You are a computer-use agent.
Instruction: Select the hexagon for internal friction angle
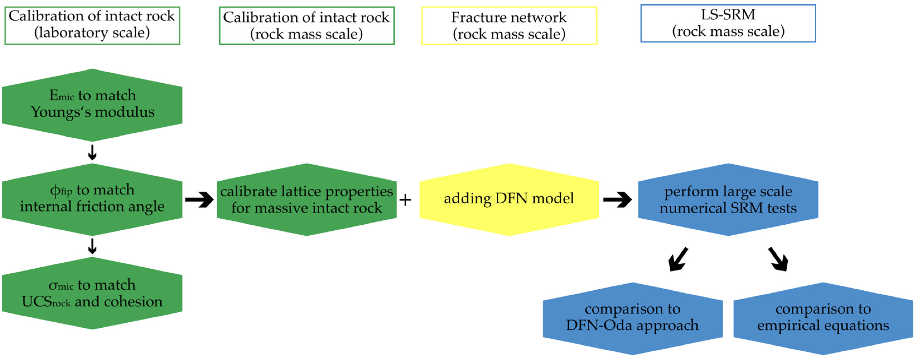pos(92,199)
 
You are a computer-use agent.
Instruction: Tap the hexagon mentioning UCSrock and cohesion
pos(92,293)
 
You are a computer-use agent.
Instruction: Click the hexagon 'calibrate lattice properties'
pos(307,199)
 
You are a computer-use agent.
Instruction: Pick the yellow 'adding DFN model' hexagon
pos(509,199)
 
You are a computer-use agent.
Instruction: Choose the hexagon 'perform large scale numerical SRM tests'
pos(728,199)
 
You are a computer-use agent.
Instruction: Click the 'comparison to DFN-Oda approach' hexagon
pos(633,318)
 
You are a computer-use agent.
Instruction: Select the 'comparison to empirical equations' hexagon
pos(823,318)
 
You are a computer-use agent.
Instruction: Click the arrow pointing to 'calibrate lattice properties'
pos(199,199)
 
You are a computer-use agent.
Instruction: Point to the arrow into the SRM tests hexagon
pos(618,199)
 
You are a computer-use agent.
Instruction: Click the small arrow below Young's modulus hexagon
pos(92,153)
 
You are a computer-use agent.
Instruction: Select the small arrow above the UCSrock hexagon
pos(92,246)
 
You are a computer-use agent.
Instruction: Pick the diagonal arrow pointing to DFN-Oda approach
pos(678,260)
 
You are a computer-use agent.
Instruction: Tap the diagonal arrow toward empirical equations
pos(778,260)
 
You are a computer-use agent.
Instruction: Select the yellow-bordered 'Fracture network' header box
pos(509,26)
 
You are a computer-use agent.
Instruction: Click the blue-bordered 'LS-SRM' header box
pos(728,23)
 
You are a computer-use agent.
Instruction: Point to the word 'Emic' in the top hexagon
pos(62,95)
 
